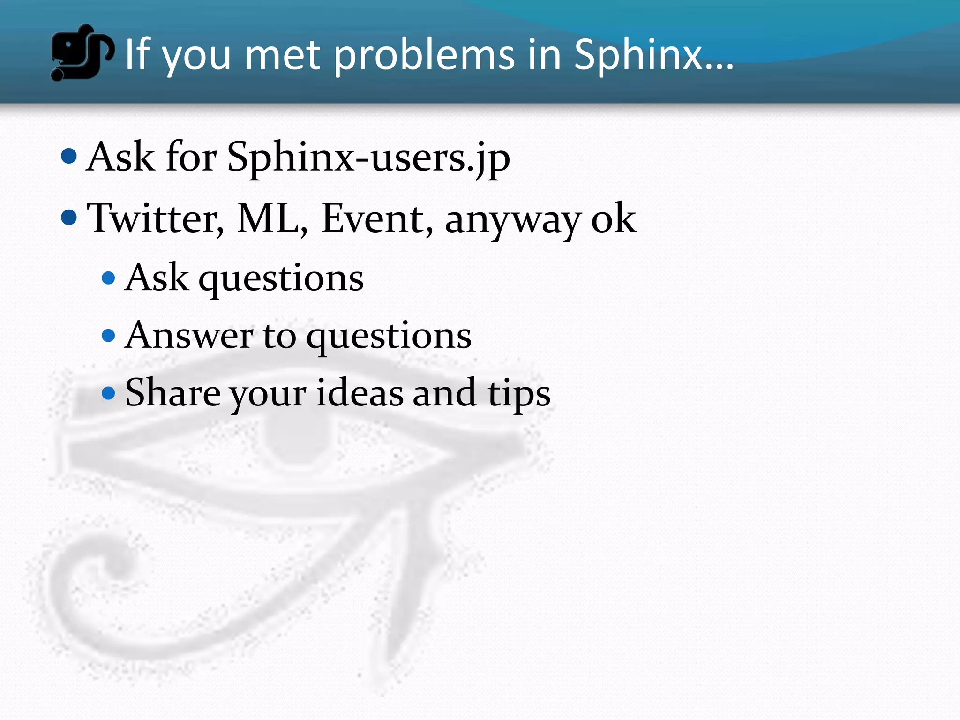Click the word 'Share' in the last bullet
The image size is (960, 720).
(172, 393)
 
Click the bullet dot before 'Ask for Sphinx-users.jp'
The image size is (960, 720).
(69, 156)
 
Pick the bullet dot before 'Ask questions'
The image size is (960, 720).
(108, 278)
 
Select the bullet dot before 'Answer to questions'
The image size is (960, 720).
(108, 336)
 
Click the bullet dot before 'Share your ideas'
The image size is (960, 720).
(108, 393)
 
